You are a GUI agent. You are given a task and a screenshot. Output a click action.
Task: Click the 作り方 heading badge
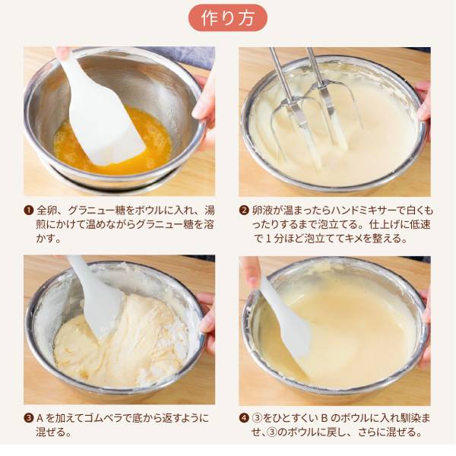coord(228,17)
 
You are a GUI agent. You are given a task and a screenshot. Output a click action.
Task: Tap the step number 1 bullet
coord(28,211)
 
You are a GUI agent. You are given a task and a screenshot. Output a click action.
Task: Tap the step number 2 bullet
coord(244,211)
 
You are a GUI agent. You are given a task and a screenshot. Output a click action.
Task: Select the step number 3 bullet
coord(28,418)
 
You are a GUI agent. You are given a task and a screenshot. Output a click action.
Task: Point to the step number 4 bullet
coord(244,418)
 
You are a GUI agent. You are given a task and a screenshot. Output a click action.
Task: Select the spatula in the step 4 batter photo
coord(288,328)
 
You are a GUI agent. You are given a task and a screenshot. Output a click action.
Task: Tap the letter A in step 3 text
coord(40,418)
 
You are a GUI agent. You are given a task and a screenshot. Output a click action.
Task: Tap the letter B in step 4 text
coord(325,418)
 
